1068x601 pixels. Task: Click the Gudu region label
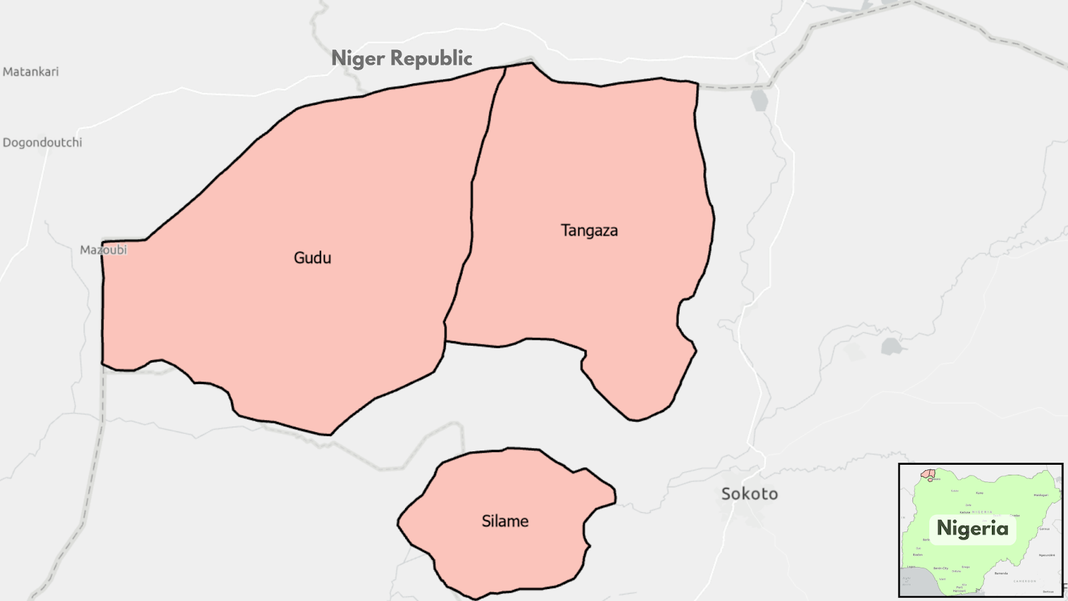click(x=312, y=258)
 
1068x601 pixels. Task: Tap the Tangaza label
click(x=589, y=230)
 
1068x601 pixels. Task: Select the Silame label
click(x=505, y=521)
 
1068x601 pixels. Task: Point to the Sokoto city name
click(x=749, y=493)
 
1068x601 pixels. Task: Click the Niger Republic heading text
click(x=402, y=59)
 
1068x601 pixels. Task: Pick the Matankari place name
click(x=31, y=71)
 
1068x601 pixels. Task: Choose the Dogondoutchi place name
click(x=42, y=142)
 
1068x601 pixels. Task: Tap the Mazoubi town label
click(x=103, y=250)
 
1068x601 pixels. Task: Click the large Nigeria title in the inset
click(x=973, y=528)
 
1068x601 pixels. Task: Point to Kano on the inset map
click(x=979, y=493)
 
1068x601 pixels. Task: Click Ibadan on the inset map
click(x=918, y=554)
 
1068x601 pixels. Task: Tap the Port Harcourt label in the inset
click(x=959, y=589)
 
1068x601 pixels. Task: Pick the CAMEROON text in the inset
click(x=1025, y=581)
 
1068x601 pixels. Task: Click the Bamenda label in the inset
click(x=1001, y=573)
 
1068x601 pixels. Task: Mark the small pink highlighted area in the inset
click(x=928, y=474)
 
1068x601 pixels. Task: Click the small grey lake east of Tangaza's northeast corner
click(x=759, y=101)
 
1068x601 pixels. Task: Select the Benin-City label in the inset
click(x=941, y=568)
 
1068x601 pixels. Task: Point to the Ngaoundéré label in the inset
click(x=1046, y=555)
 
